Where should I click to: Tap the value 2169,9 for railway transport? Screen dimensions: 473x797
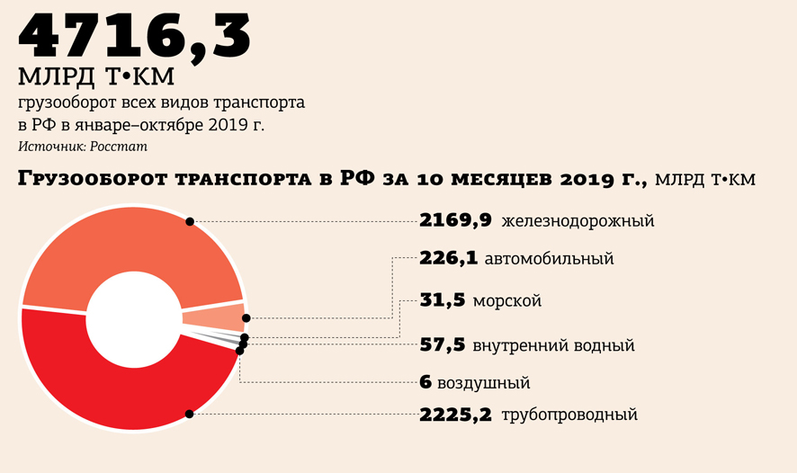pyautogui.click(x=455, y=220)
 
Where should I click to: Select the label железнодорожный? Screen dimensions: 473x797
pyautogui.click(x=578, y=221)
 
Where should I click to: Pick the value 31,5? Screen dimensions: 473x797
pyautogui.click(x=442, y=300)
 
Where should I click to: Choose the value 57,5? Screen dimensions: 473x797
pyautogui.click(x=442, y=344)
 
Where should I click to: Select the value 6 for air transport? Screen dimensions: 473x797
pyautogui.click(x=425, y=383)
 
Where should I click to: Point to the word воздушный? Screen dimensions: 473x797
pyautogui.click(x=483, y=384)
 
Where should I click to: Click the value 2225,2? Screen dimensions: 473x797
pyautogui.click(x=455, y=415)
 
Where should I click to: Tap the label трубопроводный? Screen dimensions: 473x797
pyautogui.click(x=569, y=415)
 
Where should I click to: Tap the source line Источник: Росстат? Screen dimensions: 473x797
pyautogui.click(x=82, y=146)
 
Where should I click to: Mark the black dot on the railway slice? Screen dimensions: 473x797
pyautogui.click(x=190, y=221)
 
